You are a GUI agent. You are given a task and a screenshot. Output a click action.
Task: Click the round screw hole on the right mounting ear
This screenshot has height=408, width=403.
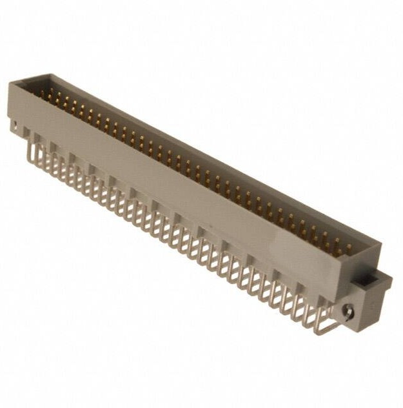[349, 314]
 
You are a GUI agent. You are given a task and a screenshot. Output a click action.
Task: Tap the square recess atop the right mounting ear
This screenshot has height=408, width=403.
[371, 281]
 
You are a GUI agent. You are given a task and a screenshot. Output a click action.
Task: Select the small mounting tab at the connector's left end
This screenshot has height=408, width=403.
[15, 124]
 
